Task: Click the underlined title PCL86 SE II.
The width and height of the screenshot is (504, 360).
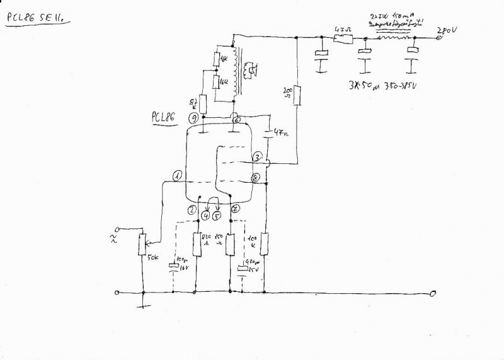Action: [x=37, y=20]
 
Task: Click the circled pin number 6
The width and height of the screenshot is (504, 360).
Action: [x=236, y=120]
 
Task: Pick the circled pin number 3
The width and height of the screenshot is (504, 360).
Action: [x=257, y=157]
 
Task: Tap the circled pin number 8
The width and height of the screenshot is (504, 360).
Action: [x=255, y=178]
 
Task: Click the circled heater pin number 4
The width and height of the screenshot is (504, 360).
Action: [x=205, y=216]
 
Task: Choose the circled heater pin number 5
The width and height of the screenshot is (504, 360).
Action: [x=218, y=216]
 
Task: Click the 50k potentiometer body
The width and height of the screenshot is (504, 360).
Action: [x=143, y=243]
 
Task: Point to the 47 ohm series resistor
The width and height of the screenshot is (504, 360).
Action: [x=342, y=39]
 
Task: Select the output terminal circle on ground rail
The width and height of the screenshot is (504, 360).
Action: [x=433, y=294]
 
